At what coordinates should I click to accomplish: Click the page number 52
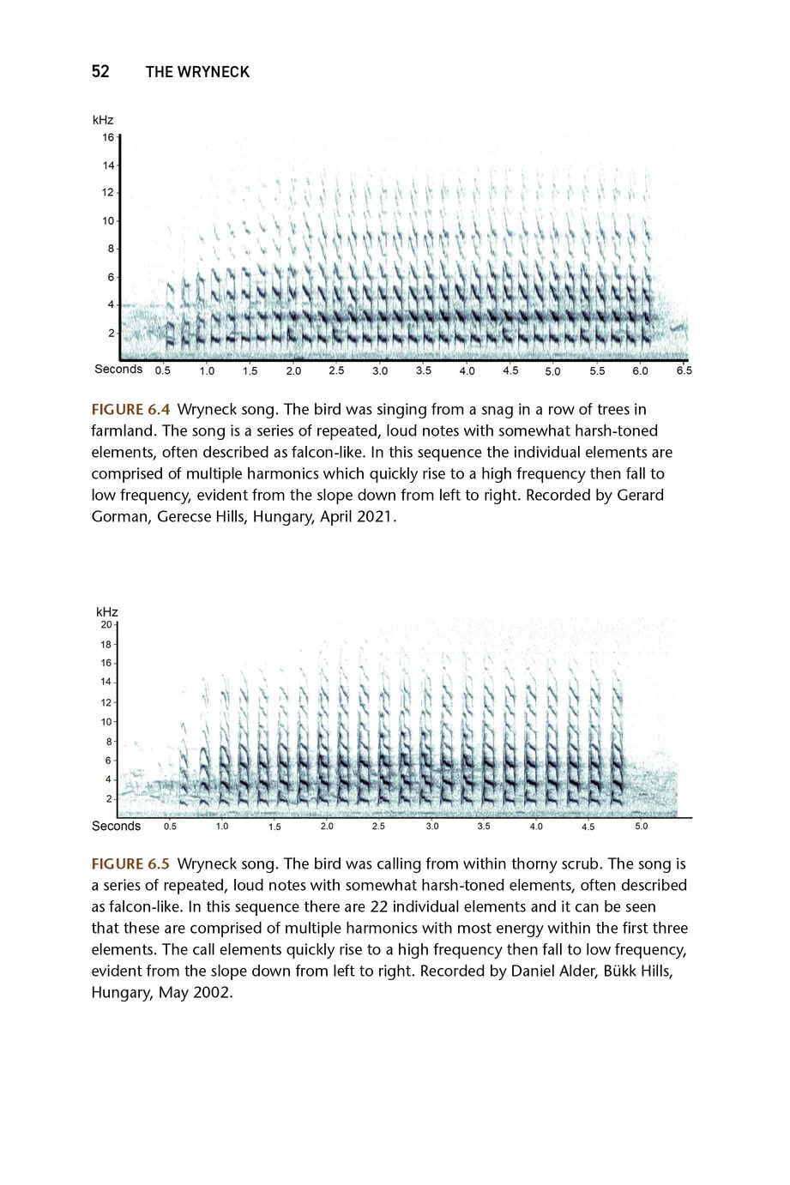pos(100,72)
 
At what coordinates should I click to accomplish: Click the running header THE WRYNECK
pos(197,72)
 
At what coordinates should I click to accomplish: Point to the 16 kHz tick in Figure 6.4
pos(109,137)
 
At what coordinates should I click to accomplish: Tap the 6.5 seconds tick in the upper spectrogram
pos(684,370)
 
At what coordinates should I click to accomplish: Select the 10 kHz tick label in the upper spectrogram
pos(109,220)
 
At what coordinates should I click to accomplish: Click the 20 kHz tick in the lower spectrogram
pos(106,624)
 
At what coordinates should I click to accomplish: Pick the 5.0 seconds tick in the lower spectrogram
pos(642,827)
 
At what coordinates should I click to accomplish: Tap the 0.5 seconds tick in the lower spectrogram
pos(171,827)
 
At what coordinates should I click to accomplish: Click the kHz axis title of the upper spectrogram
pos(103,120)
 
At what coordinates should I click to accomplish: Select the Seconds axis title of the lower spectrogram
pos(116,826)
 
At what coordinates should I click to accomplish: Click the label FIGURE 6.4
pos(130,410)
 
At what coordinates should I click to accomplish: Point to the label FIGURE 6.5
pos(130,864)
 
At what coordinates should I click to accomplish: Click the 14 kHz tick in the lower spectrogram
pos(106,683)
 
